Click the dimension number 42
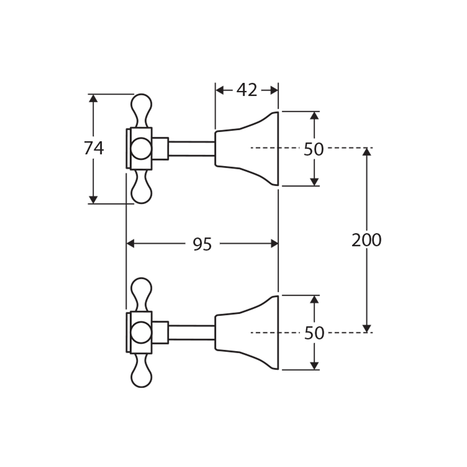(x=247, y=90)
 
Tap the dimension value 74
(x=94, y=148)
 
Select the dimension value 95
(x=202, y=244)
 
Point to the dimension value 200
(x=366, y=240)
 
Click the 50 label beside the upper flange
(x=314, y=149)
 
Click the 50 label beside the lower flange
(x=314, y=333)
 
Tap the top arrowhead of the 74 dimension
(x=93, y=98)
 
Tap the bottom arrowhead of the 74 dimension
(x=93, y=199)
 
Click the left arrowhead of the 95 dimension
(x=131, y=244)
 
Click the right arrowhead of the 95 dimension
(x=274, y=244)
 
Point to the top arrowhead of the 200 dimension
(x=367, y=152)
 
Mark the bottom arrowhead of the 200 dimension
(x=367, y=328)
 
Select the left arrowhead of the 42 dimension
(x=219, y=90)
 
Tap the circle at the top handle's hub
(x=141, y=148)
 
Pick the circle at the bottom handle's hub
(x=141, y=333)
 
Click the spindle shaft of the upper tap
(x=192, y=148)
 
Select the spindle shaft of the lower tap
(x=192, y=333)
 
